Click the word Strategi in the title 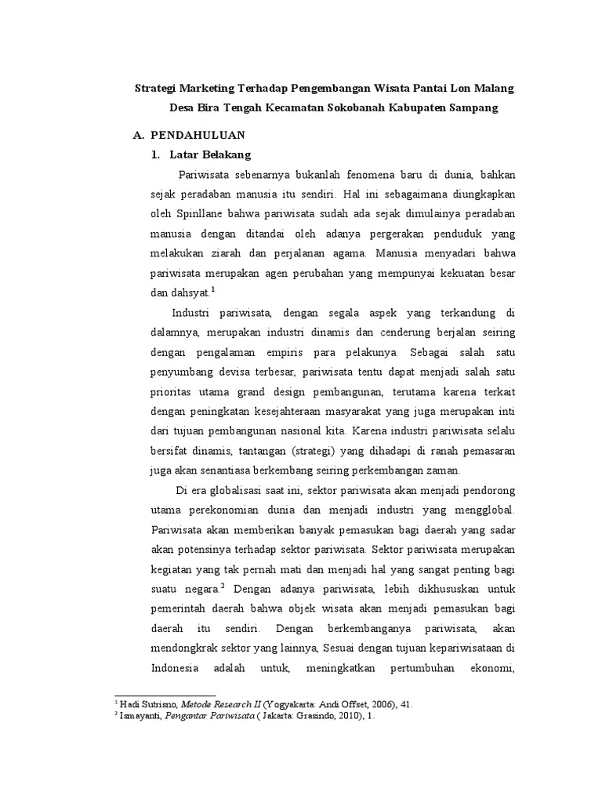click(158, 88)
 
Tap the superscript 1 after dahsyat click(213, 289)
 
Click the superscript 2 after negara click(223, 583)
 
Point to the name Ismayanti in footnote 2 click(139, 716)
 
